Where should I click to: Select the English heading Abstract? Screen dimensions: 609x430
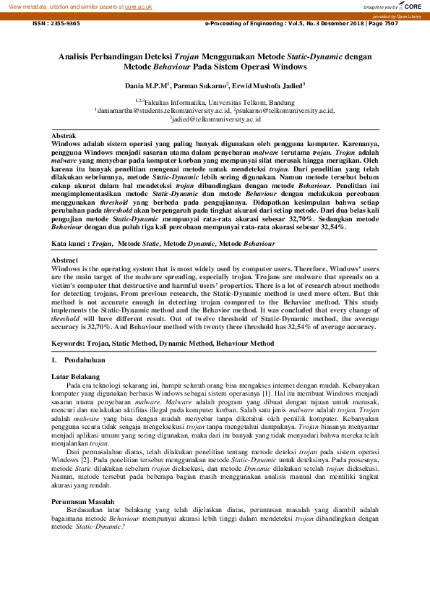(x=65, y=259)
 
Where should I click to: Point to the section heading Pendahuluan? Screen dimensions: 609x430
(x=85, y=359)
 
